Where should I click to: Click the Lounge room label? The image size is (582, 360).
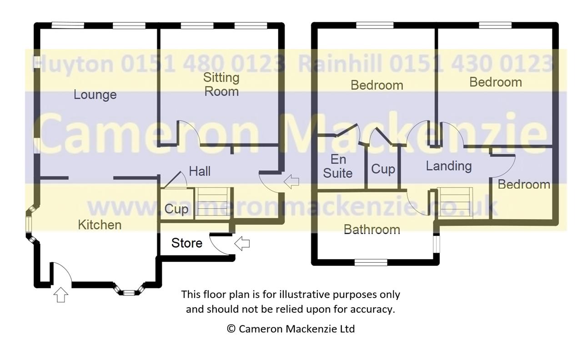(95, 95)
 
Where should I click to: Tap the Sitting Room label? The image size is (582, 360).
(221, 85)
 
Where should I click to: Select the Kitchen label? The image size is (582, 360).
(100, 225)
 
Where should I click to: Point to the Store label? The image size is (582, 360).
(187, 243)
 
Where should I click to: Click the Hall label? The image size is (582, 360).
(200, 171)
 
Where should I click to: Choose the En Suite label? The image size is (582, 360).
(338, 166)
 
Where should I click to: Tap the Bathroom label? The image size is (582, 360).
(372, 230)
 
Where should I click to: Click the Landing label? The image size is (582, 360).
(449, 166)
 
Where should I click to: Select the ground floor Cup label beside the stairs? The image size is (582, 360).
(176, 209)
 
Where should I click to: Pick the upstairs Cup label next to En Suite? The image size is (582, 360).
(383, 169)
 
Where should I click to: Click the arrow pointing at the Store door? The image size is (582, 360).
(242, 244)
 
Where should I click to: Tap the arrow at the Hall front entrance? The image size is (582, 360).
(291, 181)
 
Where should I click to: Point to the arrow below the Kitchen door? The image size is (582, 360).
(61, 295)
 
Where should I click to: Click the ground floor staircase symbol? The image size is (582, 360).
(212, 204)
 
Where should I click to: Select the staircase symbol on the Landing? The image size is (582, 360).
(455, 202)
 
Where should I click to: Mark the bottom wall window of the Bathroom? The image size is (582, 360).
(371, 262)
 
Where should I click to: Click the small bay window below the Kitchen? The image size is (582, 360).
(129, 290)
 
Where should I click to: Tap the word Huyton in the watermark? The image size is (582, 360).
(73, 64)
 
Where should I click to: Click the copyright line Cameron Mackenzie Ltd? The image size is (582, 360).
(291, 329)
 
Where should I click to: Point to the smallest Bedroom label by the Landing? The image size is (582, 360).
(524, 185)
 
